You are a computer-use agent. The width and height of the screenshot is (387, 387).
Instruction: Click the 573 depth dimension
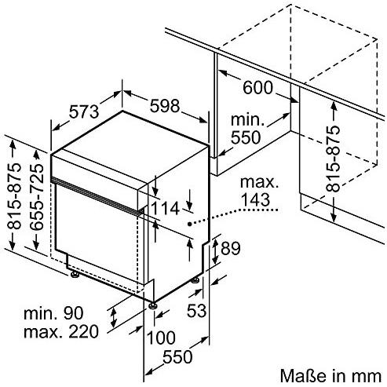(84, 111)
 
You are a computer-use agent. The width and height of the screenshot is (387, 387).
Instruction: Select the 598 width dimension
(165, 106)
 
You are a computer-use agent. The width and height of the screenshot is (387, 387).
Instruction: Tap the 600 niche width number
(258, 87)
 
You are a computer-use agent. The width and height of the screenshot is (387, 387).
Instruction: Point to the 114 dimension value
(166, 209)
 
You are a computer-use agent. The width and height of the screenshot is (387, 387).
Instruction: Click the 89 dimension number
(231, 248)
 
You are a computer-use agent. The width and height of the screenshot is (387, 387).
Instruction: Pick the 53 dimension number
(196, 311)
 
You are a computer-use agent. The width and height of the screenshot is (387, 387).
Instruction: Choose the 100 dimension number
(161, 338)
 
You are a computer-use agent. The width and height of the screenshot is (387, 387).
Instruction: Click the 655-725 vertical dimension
(37, 197)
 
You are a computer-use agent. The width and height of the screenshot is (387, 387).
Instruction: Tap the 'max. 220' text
(61, 332)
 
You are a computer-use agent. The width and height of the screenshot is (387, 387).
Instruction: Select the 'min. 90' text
(53, 313)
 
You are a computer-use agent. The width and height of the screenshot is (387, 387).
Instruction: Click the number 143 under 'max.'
(255, 199)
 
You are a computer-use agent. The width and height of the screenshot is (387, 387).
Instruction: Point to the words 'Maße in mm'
(330, 376)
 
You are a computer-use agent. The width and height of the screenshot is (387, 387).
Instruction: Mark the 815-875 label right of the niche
(334, 159)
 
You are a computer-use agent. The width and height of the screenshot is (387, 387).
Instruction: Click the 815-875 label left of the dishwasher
(14, 196)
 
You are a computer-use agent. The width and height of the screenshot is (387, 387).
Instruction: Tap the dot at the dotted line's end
(189, 224)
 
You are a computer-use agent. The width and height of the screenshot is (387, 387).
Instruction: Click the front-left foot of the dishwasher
(75, 275)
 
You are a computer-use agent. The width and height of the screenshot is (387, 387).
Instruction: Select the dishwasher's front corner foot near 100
(152, 306)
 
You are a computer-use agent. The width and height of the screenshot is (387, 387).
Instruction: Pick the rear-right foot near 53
(195, 280)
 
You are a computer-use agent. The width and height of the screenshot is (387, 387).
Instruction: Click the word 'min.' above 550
(247, 119)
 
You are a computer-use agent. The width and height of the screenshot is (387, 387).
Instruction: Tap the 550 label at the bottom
(177, 356)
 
